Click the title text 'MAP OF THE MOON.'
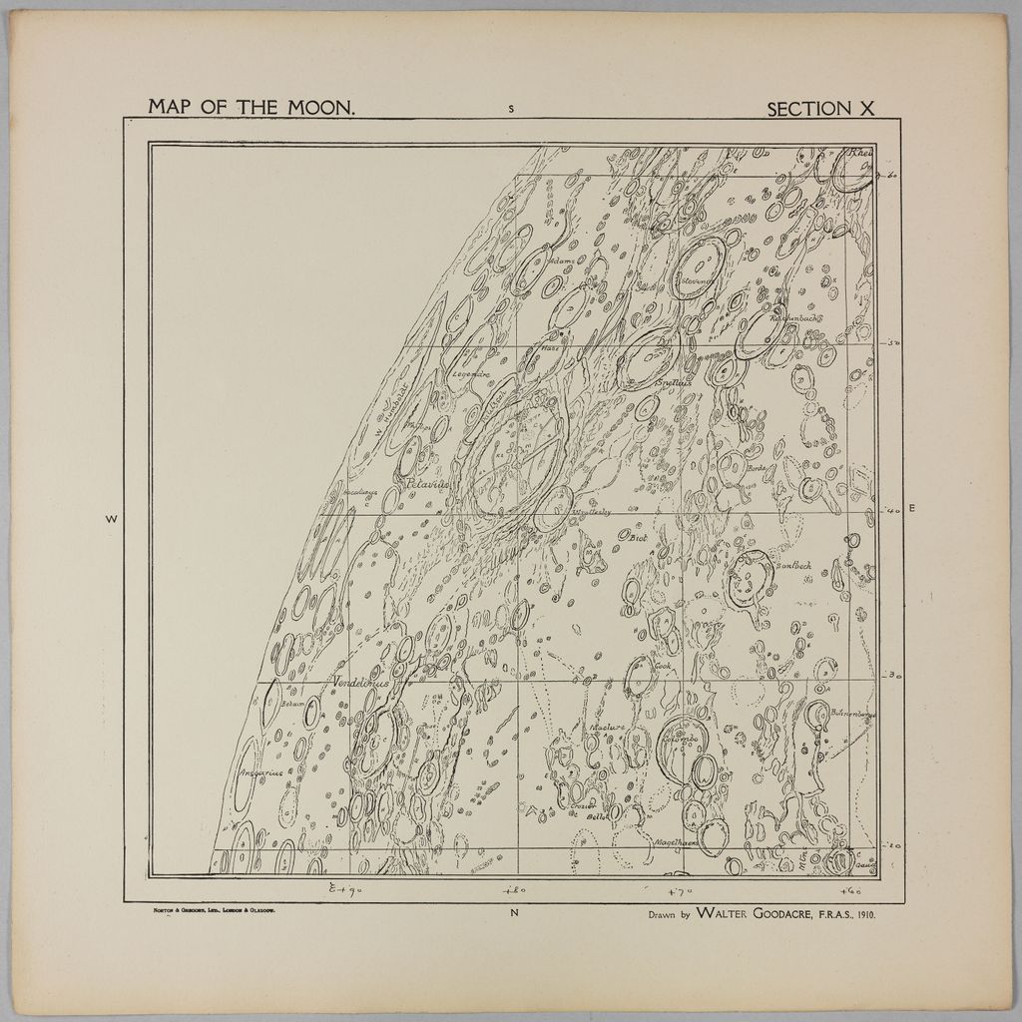[252, 106]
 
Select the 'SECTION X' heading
[820, 109]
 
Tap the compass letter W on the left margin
[111, 519]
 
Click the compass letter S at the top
[511, 109]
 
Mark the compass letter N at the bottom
[515, 912]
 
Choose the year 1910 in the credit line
[862, 913]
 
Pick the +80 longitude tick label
[515, 890]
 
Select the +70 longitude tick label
[681, 890]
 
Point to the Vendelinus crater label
[360, 684]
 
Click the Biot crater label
[640, 538]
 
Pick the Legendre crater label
[470, 374]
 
